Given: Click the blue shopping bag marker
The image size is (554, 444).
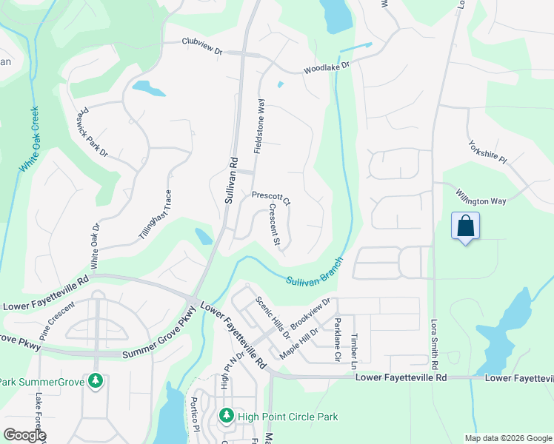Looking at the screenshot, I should click(465, 226).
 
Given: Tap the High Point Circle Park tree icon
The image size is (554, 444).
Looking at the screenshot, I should click(227, 417).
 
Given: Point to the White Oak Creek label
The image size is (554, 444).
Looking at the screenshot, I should click(30, 140).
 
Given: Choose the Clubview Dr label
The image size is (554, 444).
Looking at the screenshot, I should click(202, 42).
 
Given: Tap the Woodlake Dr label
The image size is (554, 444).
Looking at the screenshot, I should click(326, 68).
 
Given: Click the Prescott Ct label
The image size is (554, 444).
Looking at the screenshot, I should click(272, 198).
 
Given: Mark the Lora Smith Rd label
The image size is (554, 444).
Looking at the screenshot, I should click(435, 344).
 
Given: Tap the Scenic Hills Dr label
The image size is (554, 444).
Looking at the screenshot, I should click(273, 317).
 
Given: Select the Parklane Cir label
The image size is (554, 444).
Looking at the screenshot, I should click(337, 339).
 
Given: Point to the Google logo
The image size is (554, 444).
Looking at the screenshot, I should click(24, 435).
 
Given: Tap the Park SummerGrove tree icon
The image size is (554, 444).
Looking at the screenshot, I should click(95, 382).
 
